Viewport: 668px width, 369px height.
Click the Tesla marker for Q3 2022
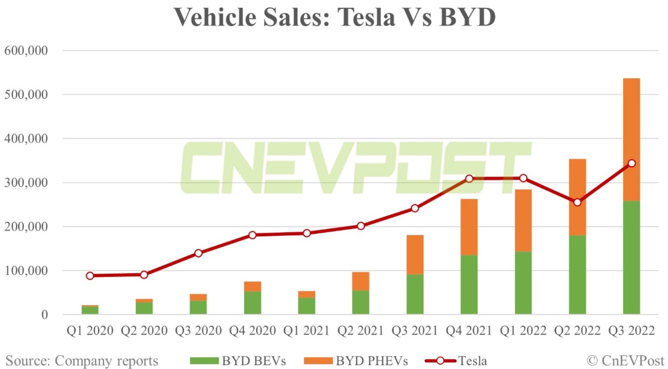tap(631, 164)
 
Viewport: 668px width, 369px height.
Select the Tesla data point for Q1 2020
tap(90, 276)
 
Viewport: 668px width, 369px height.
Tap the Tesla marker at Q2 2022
tap(577, 202)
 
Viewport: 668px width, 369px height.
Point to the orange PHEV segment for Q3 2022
tap(631, 139)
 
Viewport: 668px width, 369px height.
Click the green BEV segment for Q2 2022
tap(577, 275)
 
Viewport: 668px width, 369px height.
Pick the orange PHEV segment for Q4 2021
tap(469, 227)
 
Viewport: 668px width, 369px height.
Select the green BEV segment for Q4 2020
tap(252, 303)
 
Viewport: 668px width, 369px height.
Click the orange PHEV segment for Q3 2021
tap(415, 255)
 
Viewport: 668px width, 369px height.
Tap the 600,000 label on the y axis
tap(26, 51)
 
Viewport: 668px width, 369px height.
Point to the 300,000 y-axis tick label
tap(26, 183)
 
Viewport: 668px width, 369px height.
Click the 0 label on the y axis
tap(44, 315)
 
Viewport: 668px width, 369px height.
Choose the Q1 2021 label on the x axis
tap(306, 331)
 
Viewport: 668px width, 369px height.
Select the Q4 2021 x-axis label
tap(469, 331)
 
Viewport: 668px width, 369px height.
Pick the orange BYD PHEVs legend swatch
tap(318, 361)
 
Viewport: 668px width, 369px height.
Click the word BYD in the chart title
tap(468, 17)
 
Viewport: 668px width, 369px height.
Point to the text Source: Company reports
tap(82, 361)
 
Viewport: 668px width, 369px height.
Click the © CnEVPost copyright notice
tap(625, 361)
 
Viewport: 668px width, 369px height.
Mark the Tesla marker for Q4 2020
tap(252, 235)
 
